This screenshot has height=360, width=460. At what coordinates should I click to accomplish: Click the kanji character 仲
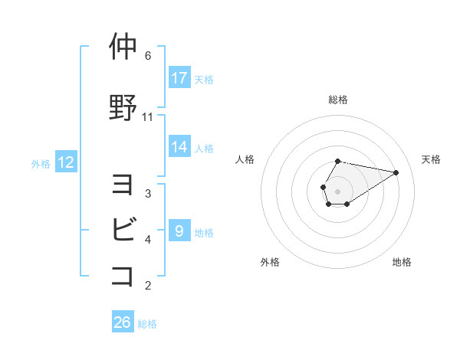pos(123,47)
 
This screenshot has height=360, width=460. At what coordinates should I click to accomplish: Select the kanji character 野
pos(123,107)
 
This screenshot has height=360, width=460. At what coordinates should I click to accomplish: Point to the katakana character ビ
pos(123,228)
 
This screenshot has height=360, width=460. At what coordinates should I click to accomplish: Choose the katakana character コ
pos(123,274)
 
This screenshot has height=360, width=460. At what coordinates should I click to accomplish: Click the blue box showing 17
pos(179,78)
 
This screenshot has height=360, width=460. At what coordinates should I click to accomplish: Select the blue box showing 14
pos(179,146)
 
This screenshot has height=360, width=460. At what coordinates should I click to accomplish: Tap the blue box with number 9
pos(179,231)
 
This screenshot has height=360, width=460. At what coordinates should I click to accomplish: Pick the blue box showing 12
pos(66,162)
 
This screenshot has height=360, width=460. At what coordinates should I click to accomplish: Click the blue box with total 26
pos(123,322)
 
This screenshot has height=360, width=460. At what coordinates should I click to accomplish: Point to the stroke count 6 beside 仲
pos(148,56)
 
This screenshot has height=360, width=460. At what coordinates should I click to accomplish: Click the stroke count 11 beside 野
pos(148,117)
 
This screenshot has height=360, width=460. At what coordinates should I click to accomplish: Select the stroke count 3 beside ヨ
pos(148,193)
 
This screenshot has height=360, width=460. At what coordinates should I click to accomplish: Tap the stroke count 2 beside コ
pos(148,286)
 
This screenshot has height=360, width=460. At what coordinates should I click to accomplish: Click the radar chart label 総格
pos(338,100)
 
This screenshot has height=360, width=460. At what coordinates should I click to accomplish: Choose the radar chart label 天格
pos(431,159)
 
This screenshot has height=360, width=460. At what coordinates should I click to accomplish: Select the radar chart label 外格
pos(270,262)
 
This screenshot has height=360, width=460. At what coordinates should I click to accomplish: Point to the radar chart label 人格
pos(245,159)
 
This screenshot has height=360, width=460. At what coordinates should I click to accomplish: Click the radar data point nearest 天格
pos(396,172)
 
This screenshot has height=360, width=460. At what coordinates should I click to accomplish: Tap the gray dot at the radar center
pos(338,191)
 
